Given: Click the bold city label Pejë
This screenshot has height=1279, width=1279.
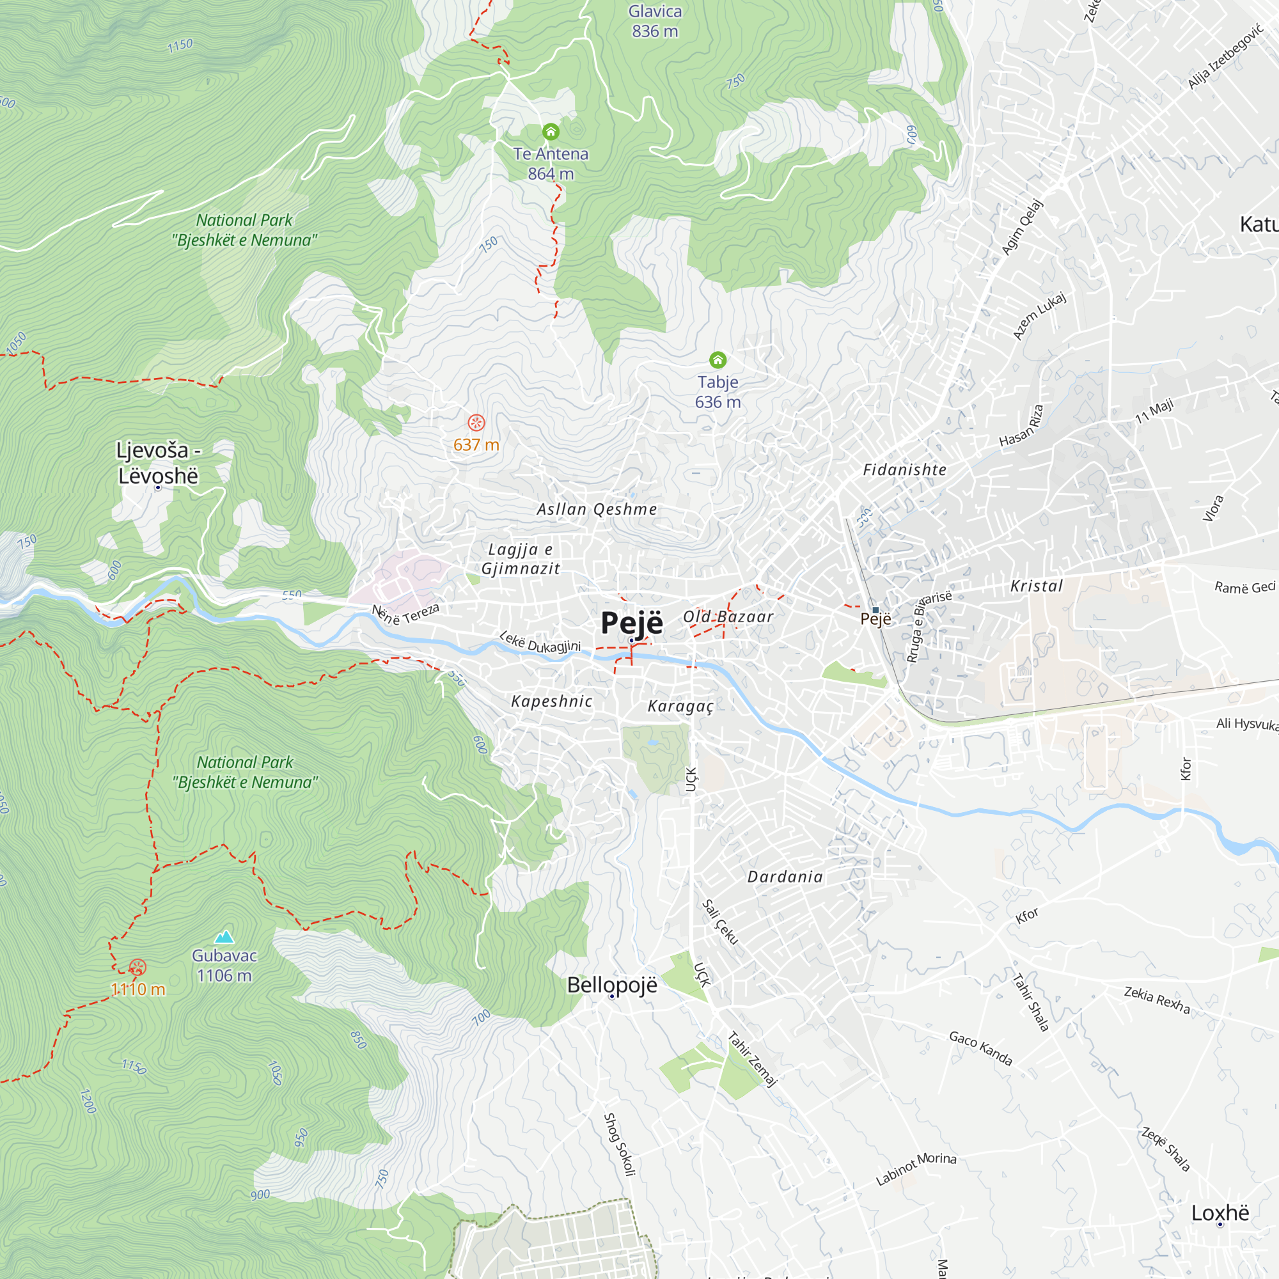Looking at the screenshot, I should tap(631, 622).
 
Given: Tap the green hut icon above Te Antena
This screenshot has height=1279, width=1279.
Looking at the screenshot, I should tap(551, 132).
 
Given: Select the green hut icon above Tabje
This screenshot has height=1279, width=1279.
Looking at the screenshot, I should tap(718, 360).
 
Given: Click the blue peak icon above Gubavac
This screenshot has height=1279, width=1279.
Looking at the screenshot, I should tap(224, 937).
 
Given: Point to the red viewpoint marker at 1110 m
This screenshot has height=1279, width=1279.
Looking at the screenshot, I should tap(137, 967).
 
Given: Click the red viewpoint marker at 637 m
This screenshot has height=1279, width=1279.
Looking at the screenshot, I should tap(476, 422).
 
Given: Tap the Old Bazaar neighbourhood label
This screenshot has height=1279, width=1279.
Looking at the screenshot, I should tap(728, 617).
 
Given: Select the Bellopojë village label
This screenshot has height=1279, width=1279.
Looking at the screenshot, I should tap(612, 985).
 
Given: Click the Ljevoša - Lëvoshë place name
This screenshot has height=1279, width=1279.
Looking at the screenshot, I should tap(158, 463).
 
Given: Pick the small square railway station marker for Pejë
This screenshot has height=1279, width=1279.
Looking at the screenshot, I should tap(875, 609).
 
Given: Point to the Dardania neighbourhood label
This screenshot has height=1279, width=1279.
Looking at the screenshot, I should tap(785, 877).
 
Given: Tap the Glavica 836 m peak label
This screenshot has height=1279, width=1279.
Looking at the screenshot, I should tap(655, 21).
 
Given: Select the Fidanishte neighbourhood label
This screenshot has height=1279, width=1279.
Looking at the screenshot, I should tap(904, 470).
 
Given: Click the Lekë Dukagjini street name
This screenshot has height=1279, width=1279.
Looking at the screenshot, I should tap(540, 642).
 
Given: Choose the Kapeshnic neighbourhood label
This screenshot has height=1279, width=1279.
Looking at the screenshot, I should tap(551, 702).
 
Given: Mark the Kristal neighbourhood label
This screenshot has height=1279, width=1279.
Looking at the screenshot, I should tap(1036, 586).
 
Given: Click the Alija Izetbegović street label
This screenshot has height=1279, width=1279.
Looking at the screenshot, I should tap(1225, 56).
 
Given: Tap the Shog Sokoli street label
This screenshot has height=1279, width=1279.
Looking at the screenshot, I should tap(620, 1144).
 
